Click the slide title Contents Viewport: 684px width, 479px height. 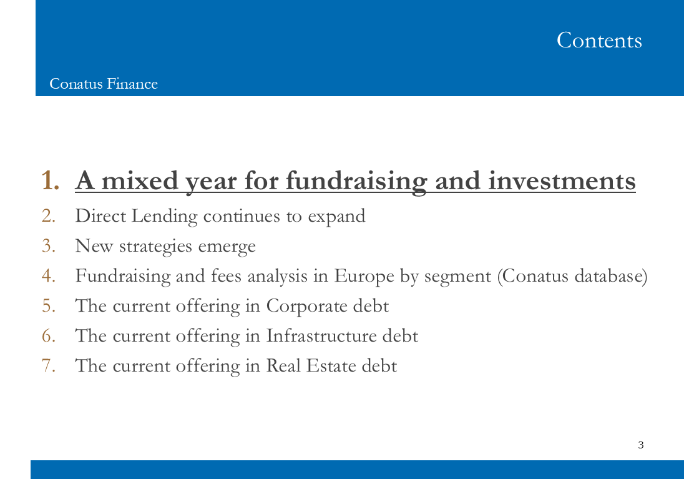coord(599,40)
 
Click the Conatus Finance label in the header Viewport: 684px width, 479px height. coord(104,84)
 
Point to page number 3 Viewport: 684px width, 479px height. coord(640,445)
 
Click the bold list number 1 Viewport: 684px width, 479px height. coord(50,180)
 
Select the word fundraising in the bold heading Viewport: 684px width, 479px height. coord(356,181)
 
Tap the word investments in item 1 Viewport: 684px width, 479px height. coord(562,180)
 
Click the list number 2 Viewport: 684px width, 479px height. coord(49,215)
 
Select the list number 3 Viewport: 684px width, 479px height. coord(49,246)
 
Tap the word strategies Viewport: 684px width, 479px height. coord(155,247)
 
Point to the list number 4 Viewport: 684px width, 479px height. coord(49,276)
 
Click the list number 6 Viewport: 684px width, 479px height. coord(49,336)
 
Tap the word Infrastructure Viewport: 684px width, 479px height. coord(321,336)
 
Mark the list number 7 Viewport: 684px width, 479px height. coord(49,366)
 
